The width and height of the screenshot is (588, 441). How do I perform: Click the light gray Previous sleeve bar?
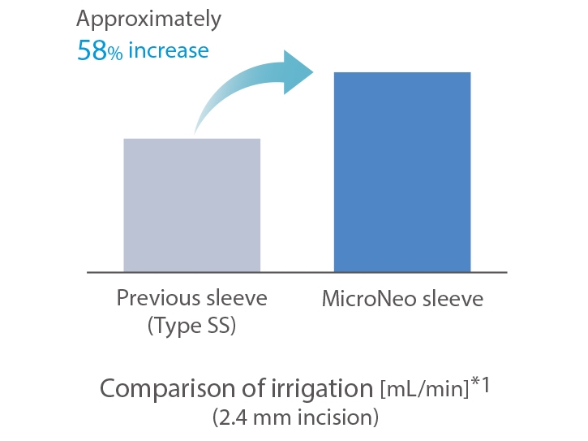click(192, 205)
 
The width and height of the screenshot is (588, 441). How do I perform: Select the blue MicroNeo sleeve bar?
click(402, 171)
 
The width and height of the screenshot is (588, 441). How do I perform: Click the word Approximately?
click(149, 19)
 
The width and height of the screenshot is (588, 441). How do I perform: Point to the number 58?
click(92, 50)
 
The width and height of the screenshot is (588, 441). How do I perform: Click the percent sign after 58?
click(115, 54)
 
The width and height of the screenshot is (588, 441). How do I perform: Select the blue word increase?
click(169, 50)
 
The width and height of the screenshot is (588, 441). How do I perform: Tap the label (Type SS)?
click(191, 326)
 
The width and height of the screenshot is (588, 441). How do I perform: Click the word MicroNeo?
click(369, 299)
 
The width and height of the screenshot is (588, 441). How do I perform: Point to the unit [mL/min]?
click(425, 389)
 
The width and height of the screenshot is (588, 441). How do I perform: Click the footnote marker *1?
click(480, 384)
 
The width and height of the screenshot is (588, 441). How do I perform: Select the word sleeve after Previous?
click(237, 298)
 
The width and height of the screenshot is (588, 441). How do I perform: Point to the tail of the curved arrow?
click(195, 133)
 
